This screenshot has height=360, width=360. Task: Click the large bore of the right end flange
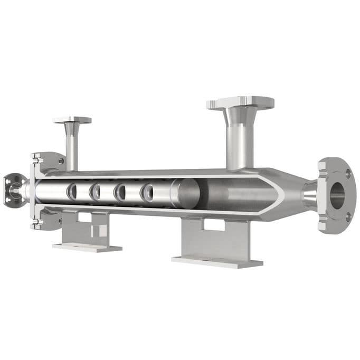pos(337,194)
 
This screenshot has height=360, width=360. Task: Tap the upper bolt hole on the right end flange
pos(348,174)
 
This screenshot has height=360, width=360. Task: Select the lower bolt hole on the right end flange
pos(348,216)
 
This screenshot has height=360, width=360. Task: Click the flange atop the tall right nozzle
pos(240,102)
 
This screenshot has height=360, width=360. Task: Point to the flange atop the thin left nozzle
pos(72,120)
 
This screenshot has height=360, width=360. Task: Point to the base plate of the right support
pos(217,261)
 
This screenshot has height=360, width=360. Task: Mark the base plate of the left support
pos(87,247)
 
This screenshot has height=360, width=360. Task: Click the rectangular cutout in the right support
pos(213,225)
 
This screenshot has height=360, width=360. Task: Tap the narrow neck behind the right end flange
pos(310,195)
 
